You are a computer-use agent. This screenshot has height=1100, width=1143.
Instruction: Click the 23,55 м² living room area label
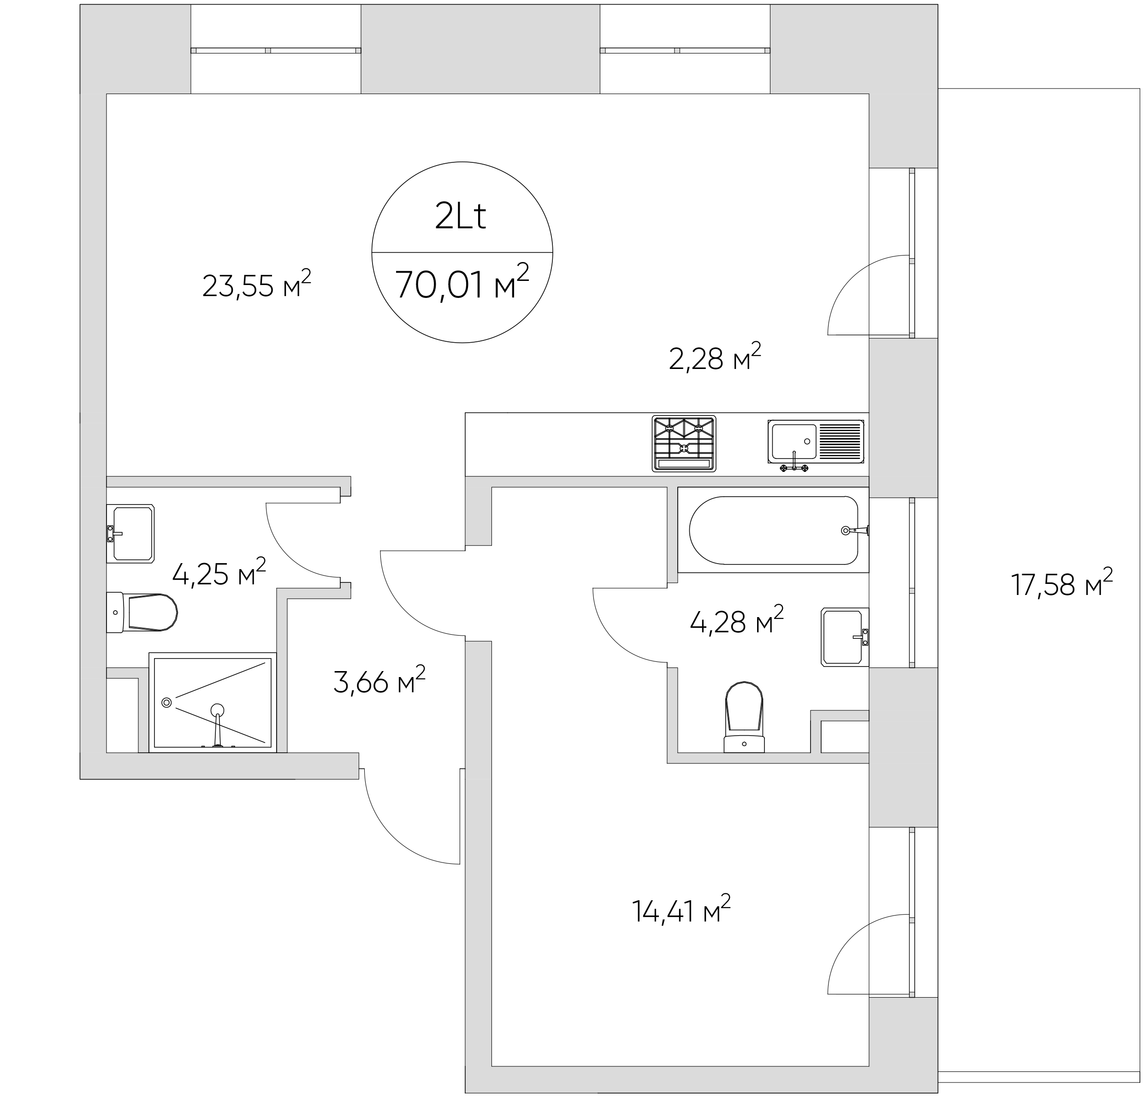click(x=257, y=284)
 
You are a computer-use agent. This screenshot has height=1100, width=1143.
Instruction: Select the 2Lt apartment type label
click(x=461, y=217)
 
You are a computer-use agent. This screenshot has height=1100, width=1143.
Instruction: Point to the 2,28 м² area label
click(x=715, y=357)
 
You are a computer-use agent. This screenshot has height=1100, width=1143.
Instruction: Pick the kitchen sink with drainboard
click(x=816, y=445)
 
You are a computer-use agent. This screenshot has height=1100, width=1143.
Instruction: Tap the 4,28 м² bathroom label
click(x=736, y=620)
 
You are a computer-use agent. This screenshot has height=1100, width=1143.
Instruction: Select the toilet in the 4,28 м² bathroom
click(x=744, y=716)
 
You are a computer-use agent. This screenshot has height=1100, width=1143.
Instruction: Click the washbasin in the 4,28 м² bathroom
click(x=844, y=637)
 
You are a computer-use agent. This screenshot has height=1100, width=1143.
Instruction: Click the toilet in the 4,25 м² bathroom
click(x=142, y=612)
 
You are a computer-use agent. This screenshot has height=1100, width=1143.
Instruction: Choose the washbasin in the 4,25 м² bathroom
click(x=130, y=534)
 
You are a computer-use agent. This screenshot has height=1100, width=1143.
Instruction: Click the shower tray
click(x=212, y=702)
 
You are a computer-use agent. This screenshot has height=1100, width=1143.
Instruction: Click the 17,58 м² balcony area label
click(x=1061, y=583)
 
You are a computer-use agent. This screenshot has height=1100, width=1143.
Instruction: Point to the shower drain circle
click(x=167, y=703)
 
